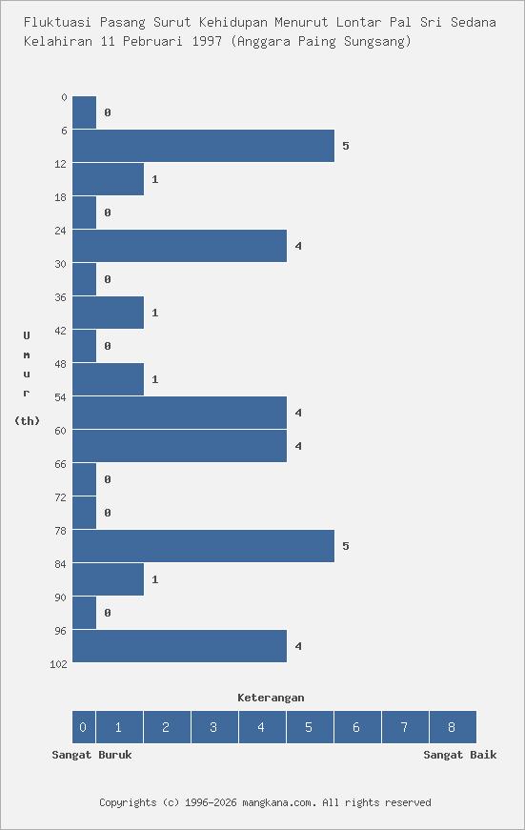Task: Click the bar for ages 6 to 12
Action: [203, 146]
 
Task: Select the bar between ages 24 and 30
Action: [179, 246]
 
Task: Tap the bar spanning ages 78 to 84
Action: [203, 546]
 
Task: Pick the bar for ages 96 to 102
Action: [179, 646]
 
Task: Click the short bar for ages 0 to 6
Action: [84, 112]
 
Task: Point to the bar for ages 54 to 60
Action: [179, 413]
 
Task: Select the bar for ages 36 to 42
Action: [108, 313]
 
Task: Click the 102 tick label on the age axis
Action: [58, 664]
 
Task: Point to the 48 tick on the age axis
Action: [61, 364]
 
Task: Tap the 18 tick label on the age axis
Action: [61, 197]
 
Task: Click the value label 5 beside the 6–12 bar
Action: [346, 146]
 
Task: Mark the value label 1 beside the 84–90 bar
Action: [154, 579]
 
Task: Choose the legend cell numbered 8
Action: [452, 727]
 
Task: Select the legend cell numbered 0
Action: [83, 727]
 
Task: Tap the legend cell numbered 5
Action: [309, 727]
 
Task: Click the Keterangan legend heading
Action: [271, 698]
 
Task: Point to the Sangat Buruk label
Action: [91, 755]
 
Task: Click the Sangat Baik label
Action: [459, 755]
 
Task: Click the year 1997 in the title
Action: [208, 41]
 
